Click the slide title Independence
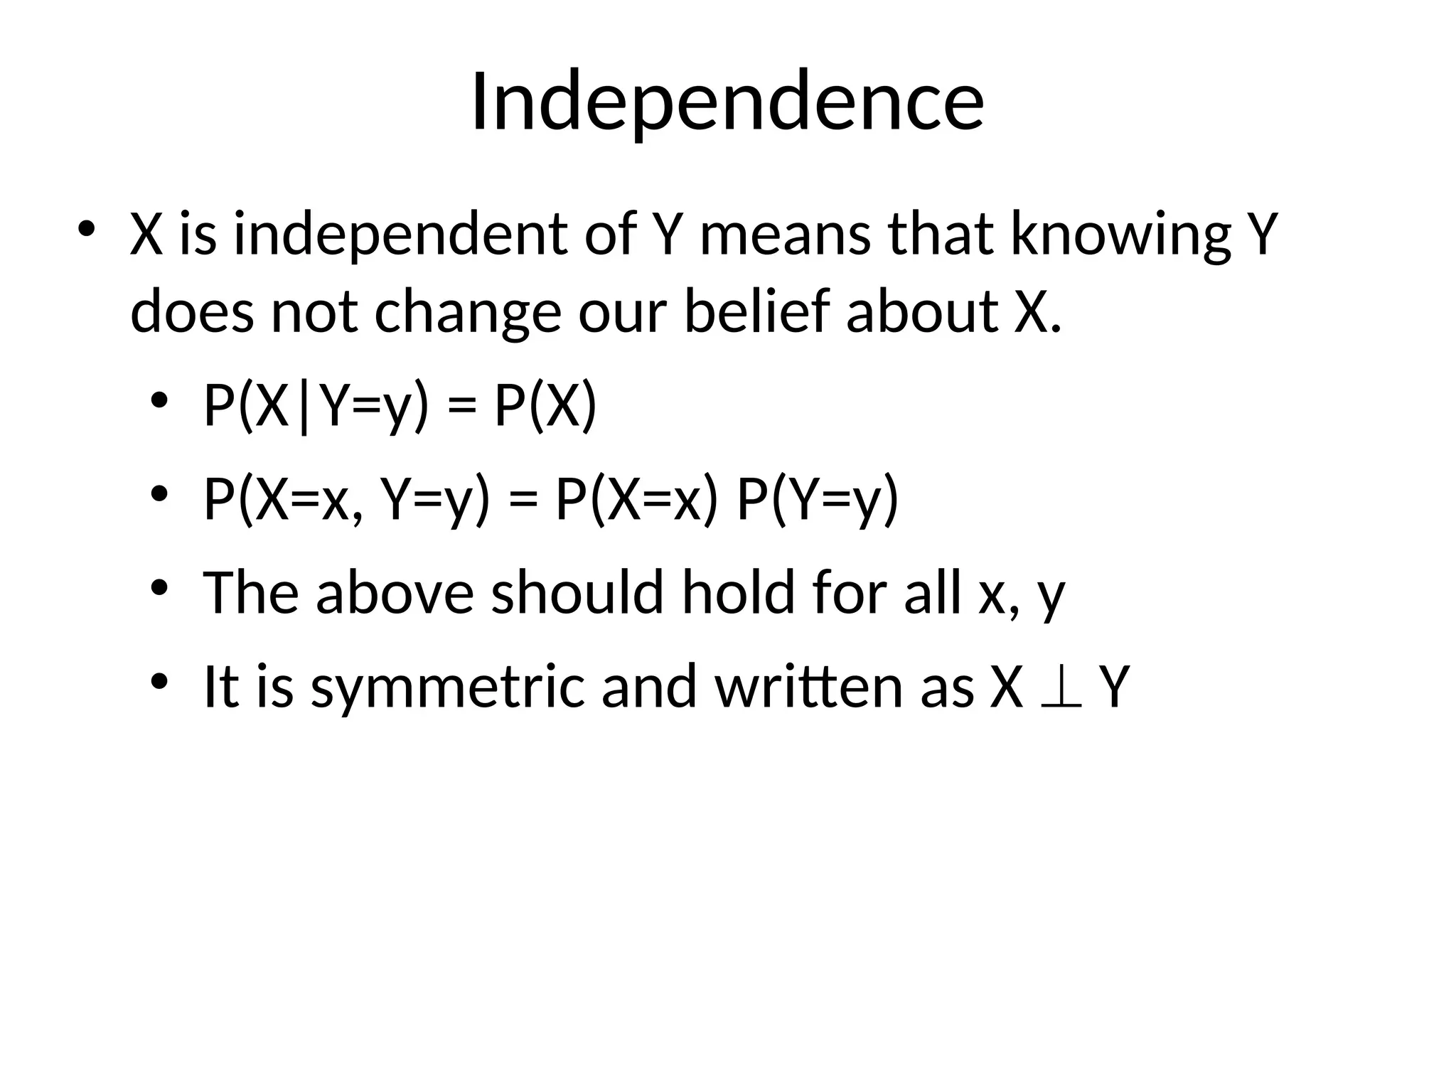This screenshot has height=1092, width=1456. pyautogui.click(x=727, y=101)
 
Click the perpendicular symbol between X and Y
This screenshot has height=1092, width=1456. pyautogui.click(x=1061, y=687)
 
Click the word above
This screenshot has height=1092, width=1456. pyautogui.click(x=395, y=592)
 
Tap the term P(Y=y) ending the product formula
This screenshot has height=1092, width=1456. pyautogui.click(x=818, y=500)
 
